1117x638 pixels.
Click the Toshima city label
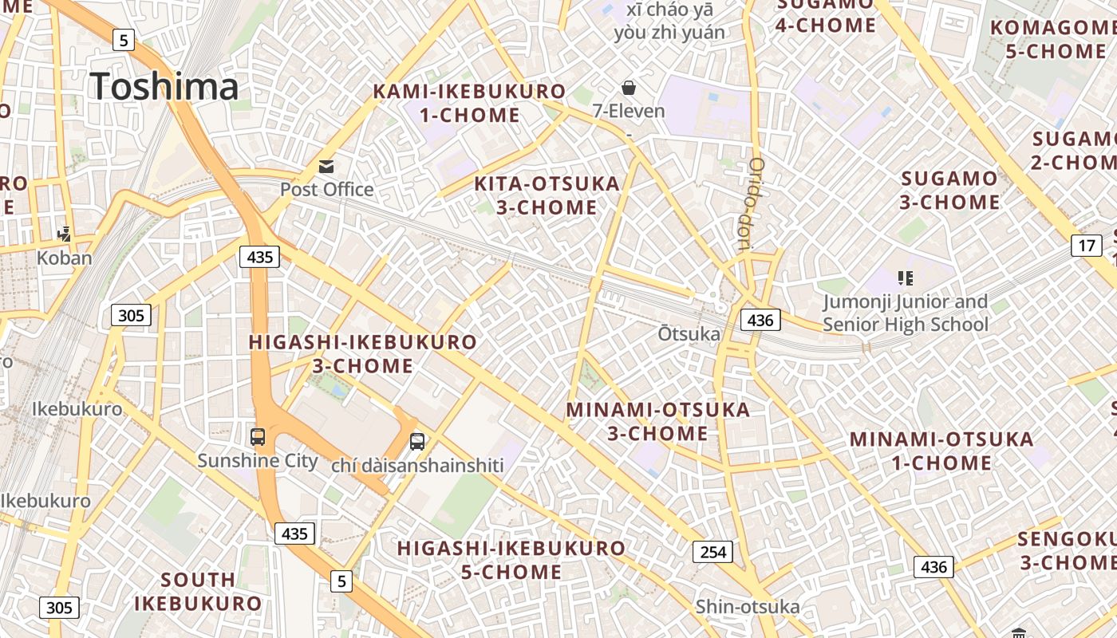[x=164, y=86]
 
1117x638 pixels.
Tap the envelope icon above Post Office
[x=326, y=166]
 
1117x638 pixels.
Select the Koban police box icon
[x=65, y=234]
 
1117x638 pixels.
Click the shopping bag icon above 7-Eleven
[x=629, y=87]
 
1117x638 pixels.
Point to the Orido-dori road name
[x=753, y=203]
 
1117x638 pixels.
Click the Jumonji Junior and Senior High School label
[x=905, y=313]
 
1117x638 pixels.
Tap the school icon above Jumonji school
[x=905, y=278]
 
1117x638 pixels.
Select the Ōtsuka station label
[x=689, y=333]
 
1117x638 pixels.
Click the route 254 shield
[x=712, y=551]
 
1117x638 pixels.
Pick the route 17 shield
[x=1087, y=245]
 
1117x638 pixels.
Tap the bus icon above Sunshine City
[x=257, y=437]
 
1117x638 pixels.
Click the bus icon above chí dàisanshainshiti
[x=416, y=441]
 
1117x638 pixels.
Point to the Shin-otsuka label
[x=747, y=607]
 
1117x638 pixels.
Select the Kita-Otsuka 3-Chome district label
[x=547, y=195]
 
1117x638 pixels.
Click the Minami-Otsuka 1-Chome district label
[x=941, y=451]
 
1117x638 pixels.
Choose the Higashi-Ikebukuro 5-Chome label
[x=511, y=560]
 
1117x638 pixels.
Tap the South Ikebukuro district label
[x=198, y=591]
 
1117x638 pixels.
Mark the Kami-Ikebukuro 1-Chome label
[x=470, y=103]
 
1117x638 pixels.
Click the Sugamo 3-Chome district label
[x=949, y=190]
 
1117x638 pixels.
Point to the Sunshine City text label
[x=257, y=461]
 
